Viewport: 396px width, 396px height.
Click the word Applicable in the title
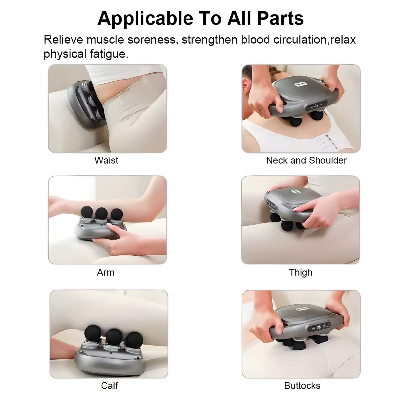pyautogui.click(x=145, y=19)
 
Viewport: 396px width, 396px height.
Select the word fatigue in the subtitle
pyautogui.click(x=109, y=54)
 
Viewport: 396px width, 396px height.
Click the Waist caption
pyautogui.click(x=106, y=160)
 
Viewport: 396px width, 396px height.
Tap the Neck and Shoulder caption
pyautogui.click(x=306, y=160)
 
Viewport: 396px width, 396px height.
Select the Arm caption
pyautogui.click(x=106, y=272)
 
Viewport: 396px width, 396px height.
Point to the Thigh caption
pyautogui.click(x=301, y=272)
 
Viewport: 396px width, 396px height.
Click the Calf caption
pyautogui.click(x=109, y=385)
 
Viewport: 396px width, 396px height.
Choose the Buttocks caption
pyautogui.click(x=302, y=386)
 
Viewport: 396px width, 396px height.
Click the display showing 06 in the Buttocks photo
pyautogui.click(x=318, y=327)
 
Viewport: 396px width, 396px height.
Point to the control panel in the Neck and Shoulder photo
pyautogui.click(x=317, y=105)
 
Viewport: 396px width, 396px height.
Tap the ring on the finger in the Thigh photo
pyautogui.click(x=318, y=227)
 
